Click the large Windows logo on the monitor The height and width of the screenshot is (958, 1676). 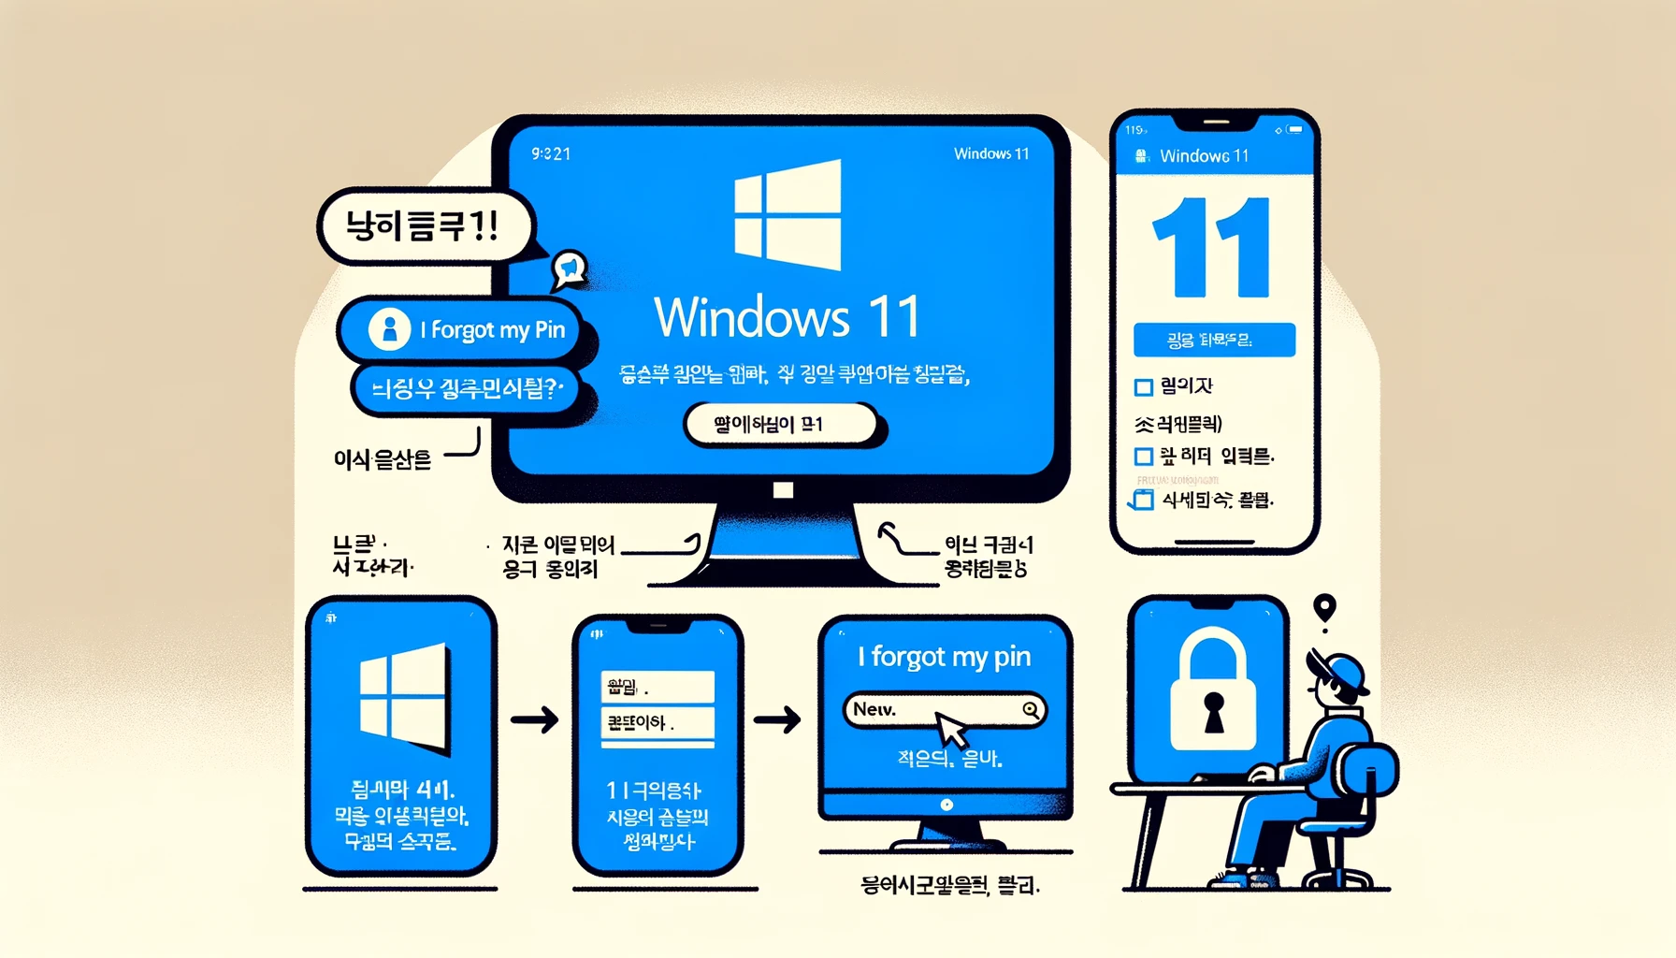coord(787,215)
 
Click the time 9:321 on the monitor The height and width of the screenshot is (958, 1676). coord(551,154)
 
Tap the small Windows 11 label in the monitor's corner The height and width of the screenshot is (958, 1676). coord(990,154)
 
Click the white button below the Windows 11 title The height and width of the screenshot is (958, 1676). coord(781,425)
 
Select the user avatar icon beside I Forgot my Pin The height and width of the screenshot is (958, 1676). coord(389,329)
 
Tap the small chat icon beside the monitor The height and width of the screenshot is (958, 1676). coord(569,269)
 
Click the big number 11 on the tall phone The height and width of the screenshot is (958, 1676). coord(1212,248)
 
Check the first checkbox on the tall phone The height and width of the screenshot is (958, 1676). coord(1143,387)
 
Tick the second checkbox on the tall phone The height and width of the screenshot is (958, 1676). coord(1143,457)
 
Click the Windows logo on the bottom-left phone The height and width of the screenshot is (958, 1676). coord(403,697)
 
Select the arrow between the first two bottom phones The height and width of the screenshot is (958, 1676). coord(535,720)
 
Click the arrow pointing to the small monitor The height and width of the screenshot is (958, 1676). coord(777,719)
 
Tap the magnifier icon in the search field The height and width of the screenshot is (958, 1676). coord(1031,710)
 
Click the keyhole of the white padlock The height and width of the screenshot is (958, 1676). coord(1213,710)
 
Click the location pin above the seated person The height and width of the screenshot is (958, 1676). coord(1324,609)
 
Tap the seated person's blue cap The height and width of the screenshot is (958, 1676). coord(1342,670)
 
